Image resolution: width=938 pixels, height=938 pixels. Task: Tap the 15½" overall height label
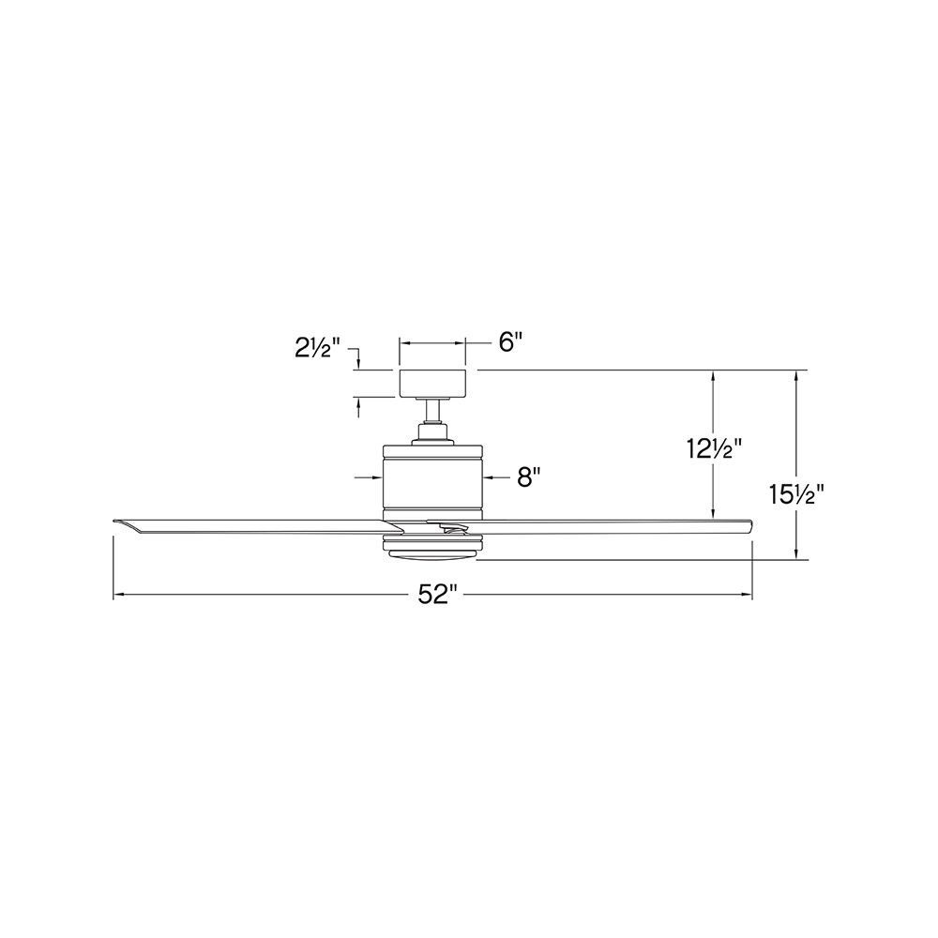[796, 494]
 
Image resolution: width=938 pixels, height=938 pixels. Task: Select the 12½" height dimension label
[714, 448]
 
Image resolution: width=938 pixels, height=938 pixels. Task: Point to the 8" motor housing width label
[529, 478]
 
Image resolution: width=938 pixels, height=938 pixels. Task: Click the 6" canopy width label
[510, 342]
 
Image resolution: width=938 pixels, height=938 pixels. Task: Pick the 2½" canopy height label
[318, 348]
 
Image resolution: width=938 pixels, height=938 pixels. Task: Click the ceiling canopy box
[432, 384]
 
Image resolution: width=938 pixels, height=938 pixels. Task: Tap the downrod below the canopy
[432, 410]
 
